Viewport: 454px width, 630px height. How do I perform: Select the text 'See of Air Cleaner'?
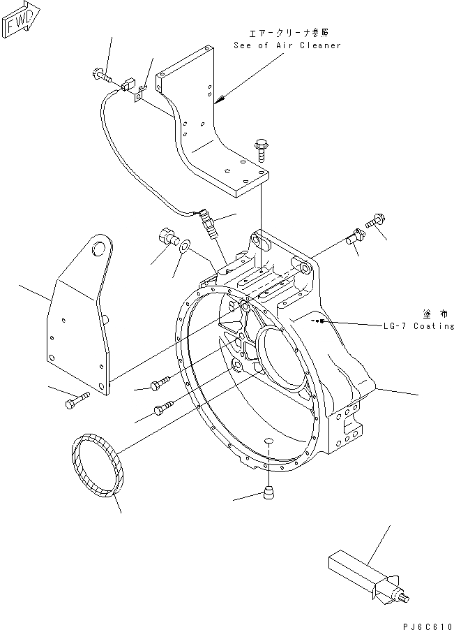(287, 45)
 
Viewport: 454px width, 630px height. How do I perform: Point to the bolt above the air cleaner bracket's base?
(261, 147)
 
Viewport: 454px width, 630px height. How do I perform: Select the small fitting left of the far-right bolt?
(353, 237)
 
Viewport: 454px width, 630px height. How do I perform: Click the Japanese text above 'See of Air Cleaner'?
(287, 32)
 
